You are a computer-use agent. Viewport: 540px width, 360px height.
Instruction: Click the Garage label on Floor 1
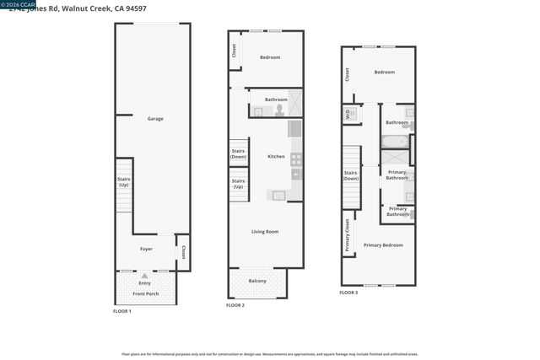click(x=155, y=119)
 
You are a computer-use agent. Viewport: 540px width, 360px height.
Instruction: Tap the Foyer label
click(x=146, y=250)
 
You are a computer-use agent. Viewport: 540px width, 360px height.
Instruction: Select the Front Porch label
click(x=146, y=293)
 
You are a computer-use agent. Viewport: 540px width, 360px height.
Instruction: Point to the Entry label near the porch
click(x=145, y=282)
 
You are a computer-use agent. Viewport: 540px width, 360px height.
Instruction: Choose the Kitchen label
click(x=276, y=156)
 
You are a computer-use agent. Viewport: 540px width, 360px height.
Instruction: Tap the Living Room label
click(x=265, y=231)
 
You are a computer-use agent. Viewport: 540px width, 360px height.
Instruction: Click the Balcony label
click(x=257, y=281)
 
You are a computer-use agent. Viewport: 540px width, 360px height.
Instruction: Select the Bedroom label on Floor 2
click(x=270, y=57)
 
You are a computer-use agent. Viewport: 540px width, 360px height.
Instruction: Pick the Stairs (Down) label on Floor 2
click(x=238, y=154)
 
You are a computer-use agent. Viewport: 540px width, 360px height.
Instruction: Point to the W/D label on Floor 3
click(x=347, y=114)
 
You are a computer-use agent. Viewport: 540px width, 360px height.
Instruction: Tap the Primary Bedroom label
click(x=383, y=245)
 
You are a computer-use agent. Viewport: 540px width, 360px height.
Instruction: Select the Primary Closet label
click(x=347, y=235)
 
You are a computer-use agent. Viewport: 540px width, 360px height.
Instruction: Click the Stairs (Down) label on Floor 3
click(x=350, y=175)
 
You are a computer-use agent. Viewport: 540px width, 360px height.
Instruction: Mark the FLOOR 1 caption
click(x=121, y=311)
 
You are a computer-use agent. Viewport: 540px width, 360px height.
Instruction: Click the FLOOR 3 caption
click(x=348, y=293)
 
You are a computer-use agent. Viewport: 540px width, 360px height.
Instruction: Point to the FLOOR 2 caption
click(x=235, y=304)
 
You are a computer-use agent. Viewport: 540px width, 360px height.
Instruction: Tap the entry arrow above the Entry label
click(x=145, y=275)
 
